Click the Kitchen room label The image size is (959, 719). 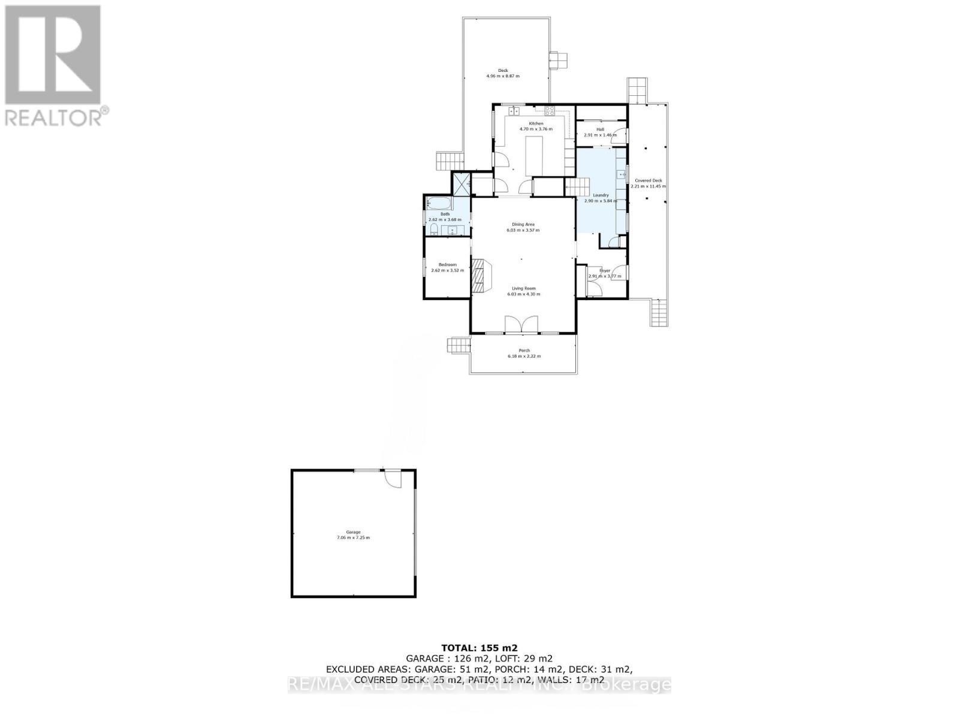(535, 123)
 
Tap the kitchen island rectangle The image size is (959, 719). (534, 156)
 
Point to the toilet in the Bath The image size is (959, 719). (433, 231)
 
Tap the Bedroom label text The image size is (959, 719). (447, 265)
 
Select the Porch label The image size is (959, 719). (524, 351)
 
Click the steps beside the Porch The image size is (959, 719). (458, 345)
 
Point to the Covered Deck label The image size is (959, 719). (649, 180)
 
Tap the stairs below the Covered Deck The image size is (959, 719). (659, 312)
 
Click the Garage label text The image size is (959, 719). (353, 532)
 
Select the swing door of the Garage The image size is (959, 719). (391, 479)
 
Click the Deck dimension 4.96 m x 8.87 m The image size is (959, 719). (503, 76)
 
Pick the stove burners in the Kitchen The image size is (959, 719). (550, 110)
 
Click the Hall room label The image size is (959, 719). (600, 129)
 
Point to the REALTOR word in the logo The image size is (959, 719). (53, 117)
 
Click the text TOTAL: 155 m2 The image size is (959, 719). (479, 647)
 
